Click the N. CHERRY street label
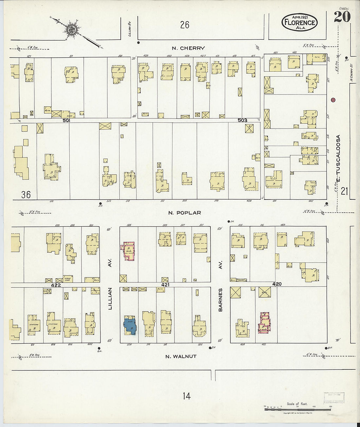click(189, 48)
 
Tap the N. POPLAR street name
click(185, 213)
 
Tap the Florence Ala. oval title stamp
click(299, 23)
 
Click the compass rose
click(71, 29)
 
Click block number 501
click(67, 120)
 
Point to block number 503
click(243, 120)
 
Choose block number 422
click(56, 285)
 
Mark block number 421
click(165, 285)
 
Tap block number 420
click(276, 284)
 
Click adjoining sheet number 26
click(185, 25)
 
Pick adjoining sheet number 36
click(26, 195)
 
